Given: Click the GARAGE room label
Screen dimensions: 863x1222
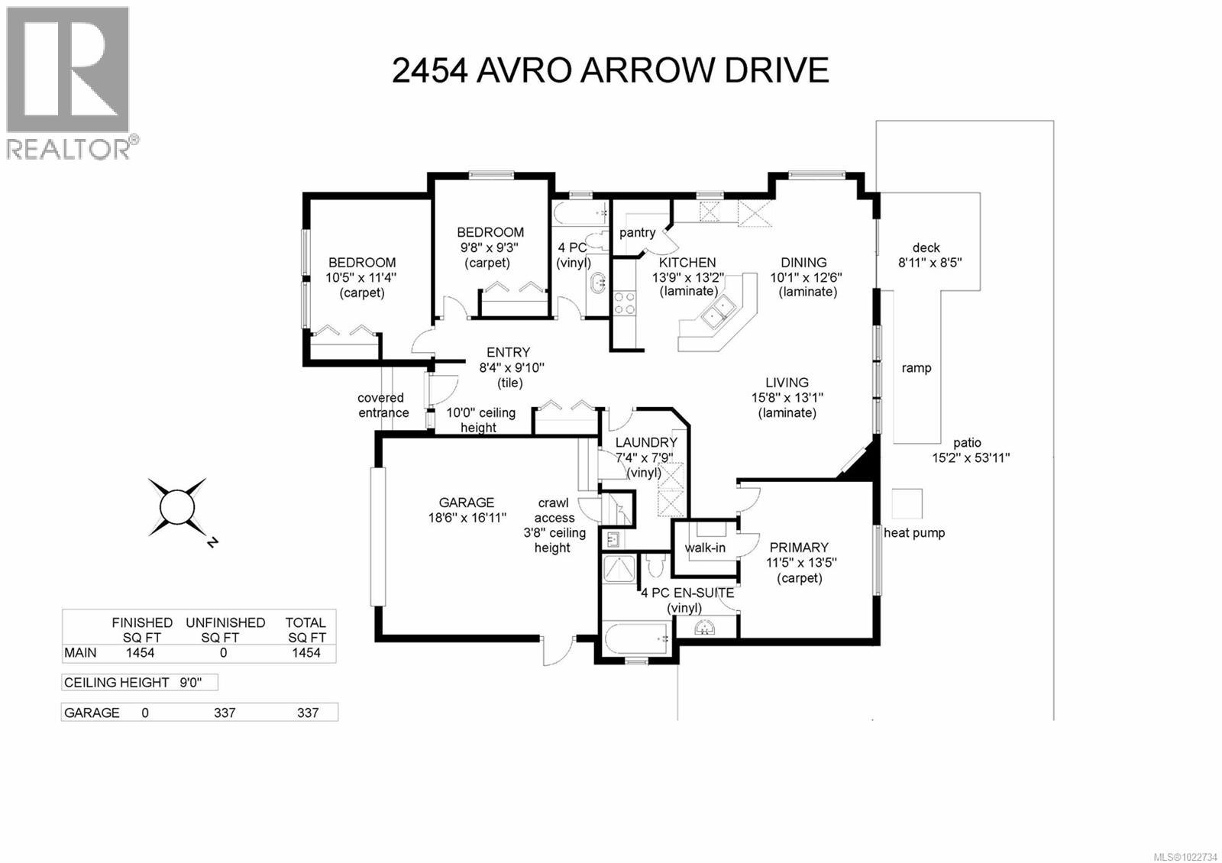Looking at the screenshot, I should tap(466, 503).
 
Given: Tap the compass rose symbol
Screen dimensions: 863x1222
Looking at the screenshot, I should tap(177, 506).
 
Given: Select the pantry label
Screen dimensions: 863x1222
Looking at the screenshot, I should tap(637, 232).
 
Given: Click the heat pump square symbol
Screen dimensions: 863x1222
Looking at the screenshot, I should tap(907, 503).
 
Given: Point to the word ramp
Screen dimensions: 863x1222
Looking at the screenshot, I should tap(916, 368).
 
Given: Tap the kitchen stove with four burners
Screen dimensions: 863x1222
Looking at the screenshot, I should tap(625, 303).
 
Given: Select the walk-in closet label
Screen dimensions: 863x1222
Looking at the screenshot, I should tap(704, 548).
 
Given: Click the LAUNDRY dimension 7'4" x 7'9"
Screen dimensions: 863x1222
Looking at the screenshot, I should tap(645, 457).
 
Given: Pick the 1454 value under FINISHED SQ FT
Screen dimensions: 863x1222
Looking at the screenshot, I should tap(140, 653).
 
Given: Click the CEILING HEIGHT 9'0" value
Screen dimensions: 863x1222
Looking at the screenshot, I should tap(190, 683).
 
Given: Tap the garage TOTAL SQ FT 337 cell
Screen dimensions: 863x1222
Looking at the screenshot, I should tap(307, 713).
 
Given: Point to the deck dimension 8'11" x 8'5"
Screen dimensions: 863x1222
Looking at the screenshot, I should tap(929, 263).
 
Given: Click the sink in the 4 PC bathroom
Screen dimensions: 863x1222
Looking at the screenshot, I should tap(597, 283).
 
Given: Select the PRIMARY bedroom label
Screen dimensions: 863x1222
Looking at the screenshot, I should tap(798, 548).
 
